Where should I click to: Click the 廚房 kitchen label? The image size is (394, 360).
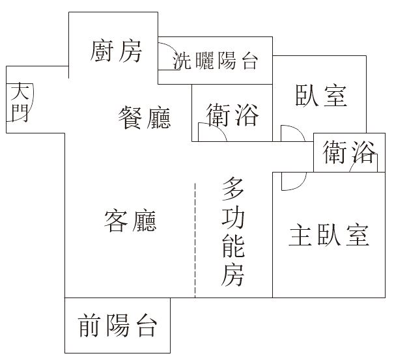117,51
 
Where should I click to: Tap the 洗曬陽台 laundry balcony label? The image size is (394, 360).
216,62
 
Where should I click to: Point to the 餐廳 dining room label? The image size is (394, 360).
145,118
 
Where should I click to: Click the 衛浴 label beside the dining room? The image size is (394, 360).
232,115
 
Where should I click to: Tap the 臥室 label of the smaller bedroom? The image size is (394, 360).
320,96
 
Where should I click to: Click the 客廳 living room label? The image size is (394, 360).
130,221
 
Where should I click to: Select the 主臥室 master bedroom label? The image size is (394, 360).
329,234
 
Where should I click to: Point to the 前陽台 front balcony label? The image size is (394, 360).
117,325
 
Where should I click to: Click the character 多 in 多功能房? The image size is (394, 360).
233,189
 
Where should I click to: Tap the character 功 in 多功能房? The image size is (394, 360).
233,219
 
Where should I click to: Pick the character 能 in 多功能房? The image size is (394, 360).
233,247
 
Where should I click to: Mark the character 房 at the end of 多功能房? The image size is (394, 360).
233,276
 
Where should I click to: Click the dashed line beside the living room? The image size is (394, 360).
195,241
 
